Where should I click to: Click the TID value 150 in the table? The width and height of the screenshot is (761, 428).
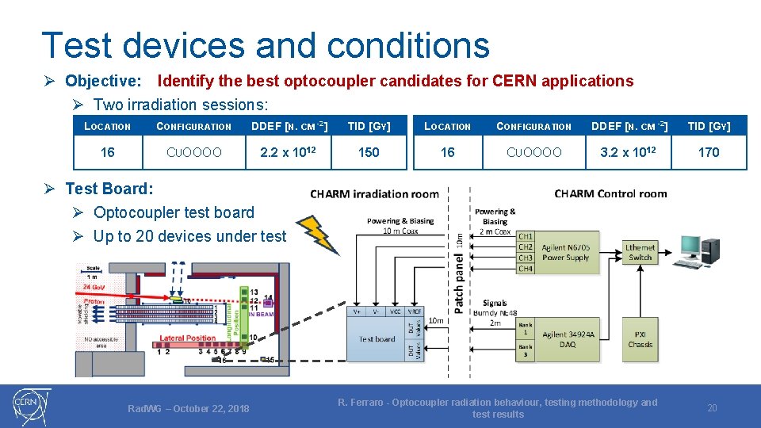pyautogui.click(x=369, y=152)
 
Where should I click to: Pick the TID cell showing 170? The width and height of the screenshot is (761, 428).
pyautogui.click(x=709, y=152)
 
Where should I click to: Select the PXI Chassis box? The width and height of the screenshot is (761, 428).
pyautogui.click(x=640, y=339)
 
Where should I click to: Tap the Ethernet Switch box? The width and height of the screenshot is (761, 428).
pyautogui.click(x=640, y=252)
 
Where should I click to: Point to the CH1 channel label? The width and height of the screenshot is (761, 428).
pyautogui.click(x=525, y=236)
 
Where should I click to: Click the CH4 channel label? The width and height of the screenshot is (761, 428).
pyautogui.click(x=525, y=269)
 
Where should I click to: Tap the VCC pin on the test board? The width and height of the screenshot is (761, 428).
pyautogui.click(x=395, y=312)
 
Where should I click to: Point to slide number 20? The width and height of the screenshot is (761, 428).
pyautogui.click(x=712, y=407)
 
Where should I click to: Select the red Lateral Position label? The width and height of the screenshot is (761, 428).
pyautogui.click(x=188, y=338)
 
